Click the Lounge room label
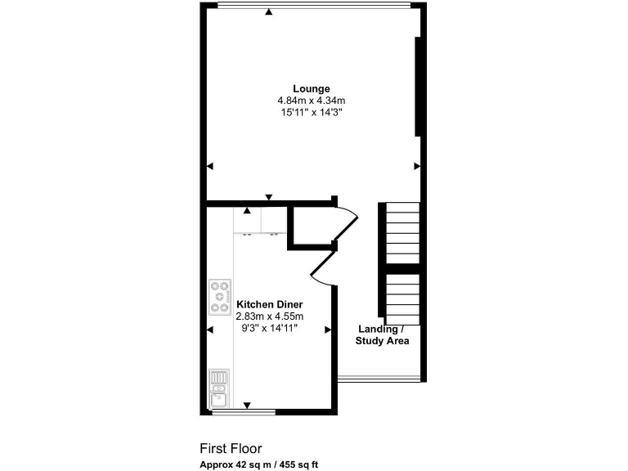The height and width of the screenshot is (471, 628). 312,88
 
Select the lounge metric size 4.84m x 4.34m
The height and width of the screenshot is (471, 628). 312,101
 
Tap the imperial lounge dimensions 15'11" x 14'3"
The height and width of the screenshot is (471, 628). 312,113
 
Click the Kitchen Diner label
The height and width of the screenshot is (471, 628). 270,304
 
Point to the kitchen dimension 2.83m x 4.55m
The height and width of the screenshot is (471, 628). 270,316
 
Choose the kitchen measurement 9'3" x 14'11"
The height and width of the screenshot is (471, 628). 270,328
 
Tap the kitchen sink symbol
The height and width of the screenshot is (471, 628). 219,388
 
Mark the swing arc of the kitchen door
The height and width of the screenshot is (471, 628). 321,270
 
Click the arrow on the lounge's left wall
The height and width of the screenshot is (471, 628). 210,166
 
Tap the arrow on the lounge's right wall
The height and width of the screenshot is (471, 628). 415,166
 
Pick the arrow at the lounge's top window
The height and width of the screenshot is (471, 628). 269,11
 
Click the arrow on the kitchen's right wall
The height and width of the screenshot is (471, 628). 327,330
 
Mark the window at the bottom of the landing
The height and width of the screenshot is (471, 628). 379,379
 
